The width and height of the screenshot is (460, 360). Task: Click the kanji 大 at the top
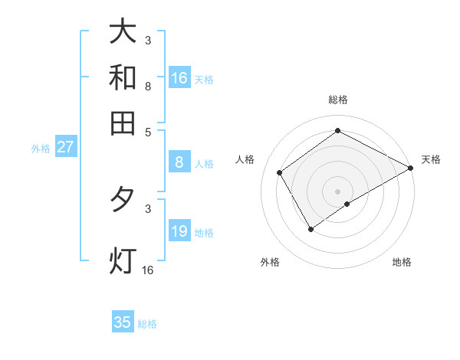[x=123, y=32]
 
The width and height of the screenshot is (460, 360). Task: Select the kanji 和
[x=123, y=77]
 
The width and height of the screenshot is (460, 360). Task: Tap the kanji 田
[x=123, y=123]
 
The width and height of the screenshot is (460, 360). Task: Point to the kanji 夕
[x=123, y=200]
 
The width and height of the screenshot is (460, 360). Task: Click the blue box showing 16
[x=179, y=78]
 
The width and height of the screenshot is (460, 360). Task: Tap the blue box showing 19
[x=179, y=231]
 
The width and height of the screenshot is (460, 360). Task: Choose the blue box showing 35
[x=123, y=322]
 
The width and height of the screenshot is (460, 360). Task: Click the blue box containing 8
[x=179, y=162]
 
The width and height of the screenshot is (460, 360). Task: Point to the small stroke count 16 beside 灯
[x=147, y=270]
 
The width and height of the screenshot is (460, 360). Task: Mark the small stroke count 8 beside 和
[x=148, y=87]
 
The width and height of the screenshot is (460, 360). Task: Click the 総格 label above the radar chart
[x=337, y=100]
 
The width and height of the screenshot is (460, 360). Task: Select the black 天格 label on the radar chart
[x=431, y=159]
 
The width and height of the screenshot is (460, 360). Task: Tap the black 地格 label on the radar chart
[x=402, y=262]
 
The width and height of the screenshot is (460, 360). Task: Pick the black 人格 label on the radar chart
[x=245, y=159]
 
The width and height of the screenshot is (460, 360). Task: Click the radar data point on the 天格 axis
[x=411, y=168]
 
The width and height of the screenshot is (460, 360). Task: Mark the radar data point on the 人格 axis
[x=280, y=173]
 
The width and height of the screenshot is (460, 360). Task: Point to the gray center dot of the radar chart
[x=337, y=191]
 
